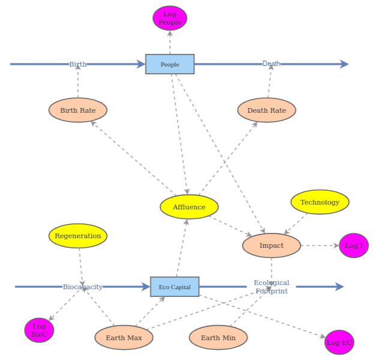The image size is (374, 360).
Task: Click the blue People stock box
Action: tap(170, 64)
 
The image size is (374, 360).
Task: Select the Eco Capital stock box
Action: tap(174, 287)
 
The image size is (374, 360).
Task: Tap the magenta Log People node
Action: tap(170, 18)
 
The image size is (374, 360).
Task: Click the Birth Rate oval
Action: tap(78, 110)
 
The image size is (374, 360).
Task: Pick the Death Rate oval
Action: tap(267, 110)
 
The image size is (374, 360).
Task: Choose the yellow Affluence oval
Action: tap(189, 207)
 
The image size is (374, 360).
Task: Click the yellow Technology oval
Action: tap(319, 202)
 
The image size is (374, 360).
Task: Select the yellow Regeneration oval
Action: tap(78, 236)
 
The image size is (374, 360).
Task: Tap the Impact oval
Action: tap(271, 245)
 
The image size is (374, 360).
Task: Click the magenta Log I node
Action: tap(354, 245)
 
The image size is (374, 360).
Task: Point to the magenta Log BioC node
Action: tap(39, 330)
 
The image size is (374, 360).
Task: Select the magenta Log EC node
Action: tap(339, 342)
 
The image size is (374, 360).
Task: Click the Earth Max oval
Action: tap(124, 338)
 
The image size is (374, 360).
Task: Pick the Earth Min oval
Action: tap(219, 338)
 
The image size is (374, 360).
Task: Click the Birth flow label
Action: tap(77, 64)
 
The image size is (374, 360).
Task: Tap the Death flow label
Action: tap(271, 64)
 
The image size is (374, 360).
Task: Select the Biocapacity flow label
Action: tap(82, 287)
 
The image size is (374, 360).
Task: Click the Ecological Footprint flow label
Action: tap(271, 287)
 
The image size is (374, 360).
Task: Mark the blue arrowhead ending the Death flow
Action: tap(345, 64)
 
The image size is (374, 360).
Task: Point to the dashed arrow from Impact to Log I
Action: tap(319, 245)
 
